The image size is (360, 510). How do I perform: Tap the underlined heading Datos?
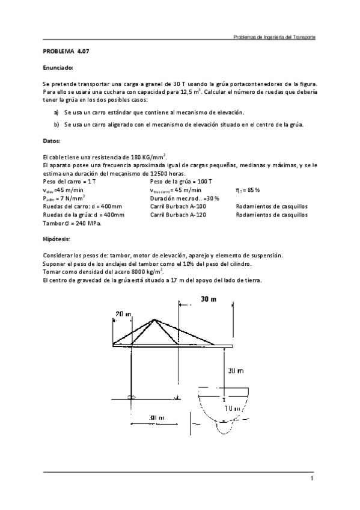pyautogui.click(x=52, y=140)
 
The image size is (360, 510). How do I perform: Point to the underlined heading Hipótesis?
pyautogui.click(x=56, y=239)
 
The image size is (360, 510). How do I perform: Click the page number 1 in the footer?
pyautogui.click(x=313, y=479)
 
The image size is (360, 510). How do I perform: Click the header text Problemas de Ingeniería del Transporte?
pyautogui.click(x=274, y=37)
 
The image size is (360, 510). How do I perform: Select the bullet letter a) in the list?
pyautogui.click(x=56, y=112)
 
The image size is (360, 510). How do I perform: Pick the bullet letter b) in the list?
pyautogui.click(x=56, y=124)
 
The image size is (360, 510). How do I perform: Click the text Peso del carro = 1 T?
pyautogui.click(x=68, y=181)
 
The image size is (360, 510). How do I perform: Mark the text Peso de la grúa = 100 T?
pyautogui.click(x=181, y=181)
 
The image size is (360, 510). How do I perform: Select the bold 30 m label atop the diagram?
pyautogui.click(x=209, y=300)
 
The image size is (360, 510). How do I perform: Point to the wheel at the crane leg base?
pyautogui.click(x=131, y=396)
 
